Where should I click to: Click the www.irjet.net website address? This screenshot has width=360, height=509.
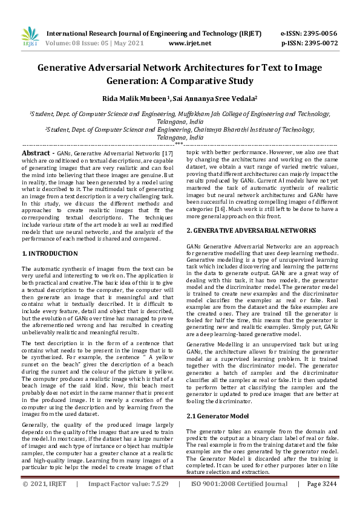tap(190, 44)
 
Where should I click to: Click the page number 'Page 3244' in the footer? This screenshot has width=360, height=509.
tap(322, 501)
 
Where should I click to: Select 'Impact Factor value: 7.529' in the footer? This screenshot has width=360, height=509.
tap(128, 501)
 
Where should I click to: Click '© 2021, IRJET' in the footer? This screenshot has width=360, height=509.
tap(44, 501)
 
